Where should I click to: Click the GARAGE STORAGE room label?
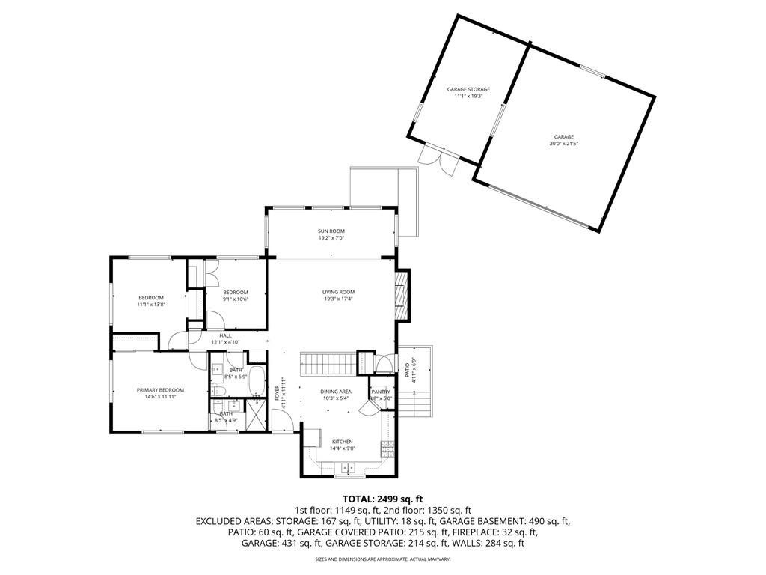(x=468, y=89)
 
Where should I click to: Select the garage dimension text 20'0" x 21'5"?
(x=563, y=144)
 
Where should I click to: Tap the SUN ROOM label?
(x=331, y=231)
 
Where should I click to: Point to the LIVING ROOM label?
(x=338, y=292)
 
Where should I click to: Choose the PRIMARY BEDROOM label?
(x=160, y=390)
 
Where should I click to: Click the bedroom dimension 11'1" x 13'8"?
(x=150, y=305)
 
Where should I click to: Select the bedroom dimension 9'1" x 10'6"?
(x=235, y=299)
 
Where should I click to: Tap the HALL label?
(x=225, y=335)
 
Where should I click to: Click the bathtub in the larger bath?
(x=256, y=380)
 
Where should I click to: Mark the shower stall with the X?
(x=256, y=414)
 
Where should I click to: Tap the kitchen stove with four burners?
(x=387, y=449)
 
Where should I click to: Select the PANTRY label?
(x=380, y=392)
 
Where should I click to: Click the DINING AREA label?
(x=336, y=392)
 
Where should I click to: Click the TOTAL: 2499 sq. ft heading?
(x=382, y=499)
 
